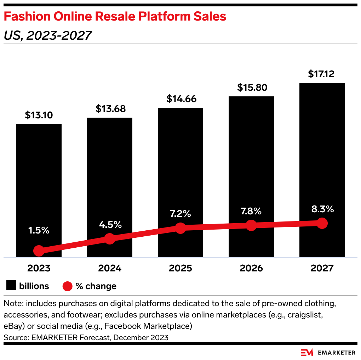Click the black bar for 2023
(x=39, y=177)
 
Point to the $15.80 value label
(x=252, y=87)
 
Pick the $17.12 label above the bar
(x=321, y=74)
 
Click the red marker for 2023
(x=39, y=251)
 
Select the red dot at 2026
(x=251, y=225)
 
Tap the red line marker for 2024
(x=110, y=239)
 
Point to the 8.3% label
(x=322, y=209)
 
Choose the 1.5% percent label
(x=39, y=230)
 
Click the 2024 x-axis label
(x=110, y=268)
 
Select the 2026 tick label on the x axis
(x=251, y=268)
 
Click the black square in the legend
(x=11, y=286)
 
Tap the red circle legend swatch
(x=67, y=286)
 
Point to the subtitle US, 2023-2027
(x=47, y=35)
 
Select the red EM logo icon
(x=307, y=353)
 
